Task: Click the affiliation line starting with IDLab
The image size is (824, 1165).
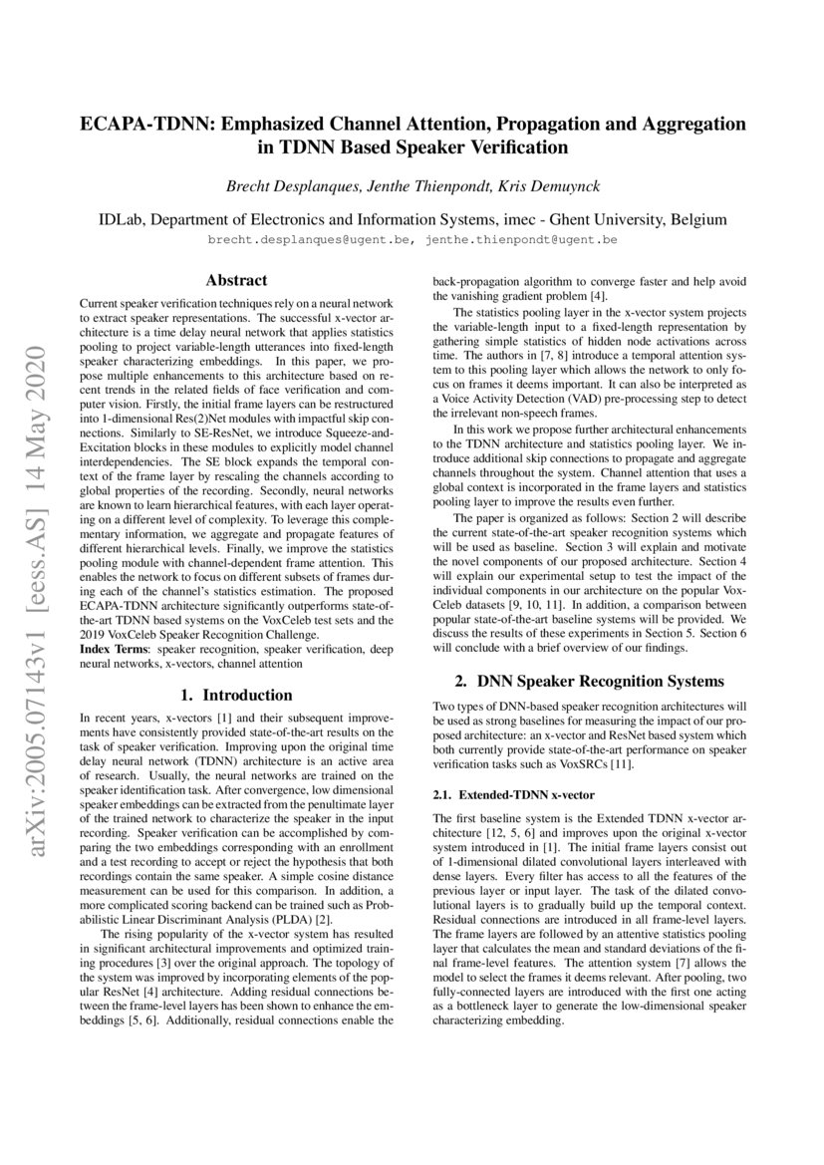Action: click(412, 219)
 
